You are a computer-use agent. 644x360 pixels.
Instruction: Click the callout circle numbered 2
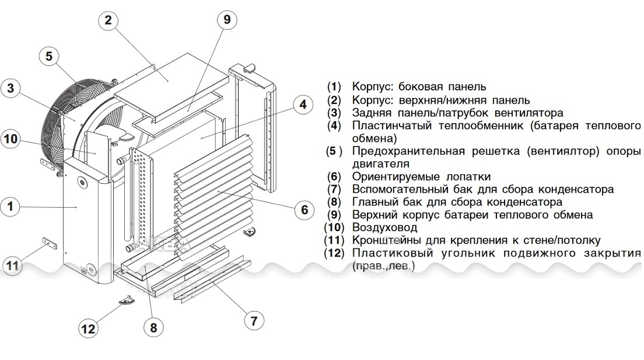(108, 20)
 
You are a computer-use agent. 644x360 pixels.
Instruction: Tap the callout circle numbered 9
(227, 19)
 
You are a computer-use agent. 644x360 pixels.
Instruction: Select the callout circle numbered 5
(49, 56)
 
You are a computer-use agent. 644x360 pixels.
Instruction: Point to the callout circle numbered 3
(11, 89)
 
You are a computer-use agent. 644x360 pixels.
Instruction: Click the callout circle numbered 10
(11, 139)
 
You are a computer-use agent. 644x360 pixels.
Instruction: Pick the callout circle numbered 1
(11, 206)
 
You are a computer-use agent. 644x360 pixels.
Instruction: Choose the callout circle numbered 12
(88, 328)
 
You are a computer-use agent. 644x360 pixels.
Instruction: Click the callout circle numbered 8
(153, 327)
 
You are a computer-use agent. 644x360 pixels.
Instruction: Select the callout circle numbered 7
(253, 320)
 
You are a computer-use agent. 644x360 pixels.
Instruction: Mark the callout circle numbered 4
(303, 104)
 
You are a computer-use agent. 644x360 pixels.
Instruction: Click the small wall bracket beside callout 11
(46, 242)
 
